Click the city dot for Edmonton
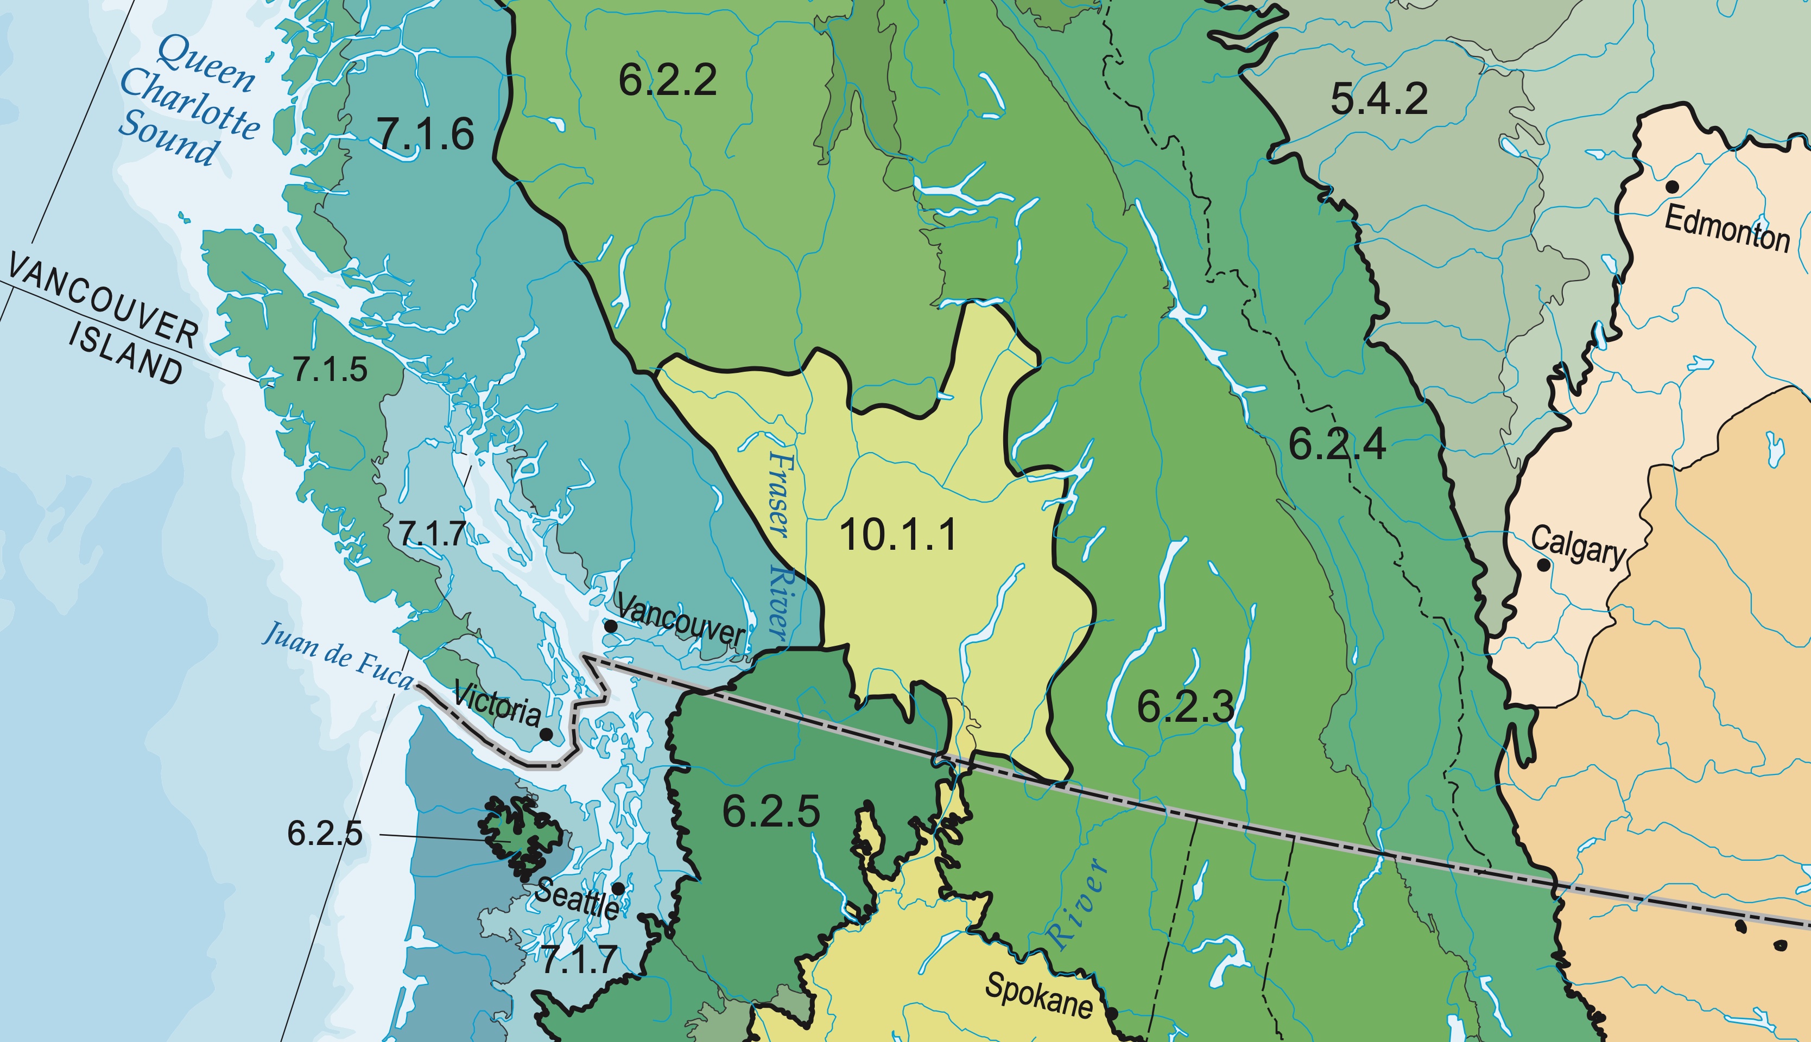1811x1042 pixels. click(1672, 187)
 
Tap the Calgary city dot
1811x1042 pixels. click(1544, 564)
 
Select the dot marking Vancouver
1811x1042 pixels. click(611, 626)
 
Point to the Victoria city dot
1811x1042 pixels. click(546, 734)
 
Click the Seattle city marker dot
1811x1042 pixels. click(618, 888)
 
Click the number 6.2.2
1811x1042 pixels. click(667, 79)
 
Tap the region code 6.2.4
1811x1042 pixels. click(1337, 444)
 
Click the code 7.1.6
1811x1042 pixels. click(425, 134)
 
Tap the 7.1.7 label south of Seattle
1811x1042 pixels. click(578, 959)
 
